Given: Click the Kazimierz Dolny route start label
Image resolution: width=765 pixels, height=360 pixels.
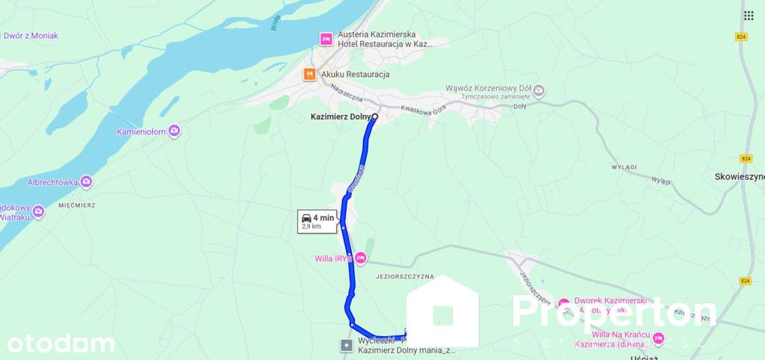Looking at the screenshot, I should (x=340, y=117).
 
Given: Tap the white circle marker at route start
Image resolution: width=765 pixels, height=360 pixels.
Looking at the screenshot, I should (x=375, y=117).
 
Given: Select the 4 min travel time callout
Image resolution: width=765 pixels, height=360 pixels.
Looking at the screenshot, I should (x=318, y=221).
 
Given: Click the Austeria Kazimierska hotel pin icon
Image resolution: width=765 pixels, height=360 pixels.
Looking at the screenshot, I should (x=326, y=39).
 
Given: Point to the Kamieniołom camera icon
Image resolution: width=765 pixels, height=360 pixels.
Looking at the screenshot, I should (x=174, y=131).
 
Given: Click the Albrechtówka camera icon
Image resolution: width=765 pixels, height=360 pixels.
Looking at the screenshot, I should (x=87, y=181).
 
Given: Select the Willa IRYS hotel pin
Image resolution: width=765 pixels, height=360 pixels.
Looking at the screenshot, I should (x=361, y=258).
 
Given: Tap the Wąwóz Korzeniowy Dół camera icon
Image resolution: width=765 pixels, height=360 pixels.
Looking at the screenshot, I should (x=539, y=90).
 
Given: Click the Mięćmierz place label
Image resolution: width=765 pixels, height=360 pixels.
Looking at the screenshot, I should (x=75, y=202).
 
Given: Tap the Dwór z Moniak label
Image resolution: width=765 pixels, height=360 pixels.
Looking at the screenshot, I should (x=31, y=35).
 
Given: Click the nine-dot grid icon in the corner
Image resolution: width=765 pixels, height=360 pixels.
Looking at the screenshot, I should (x=749, y=16).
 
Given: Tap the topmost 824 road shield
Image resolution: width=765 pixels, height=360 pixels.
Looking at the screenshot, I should (x=741, y=36).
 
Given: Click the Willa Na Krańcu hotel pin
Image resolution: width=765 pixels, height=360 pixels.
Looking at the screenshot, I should (x=658, y=338).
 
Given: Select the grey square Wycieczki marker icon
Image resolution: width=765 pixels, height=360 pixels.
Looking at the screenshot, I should (x=347, y=345).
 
